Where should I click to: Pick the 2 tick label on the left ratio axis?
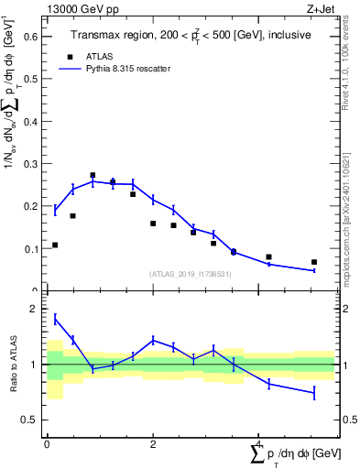pyautogui.click(x=34, y=310)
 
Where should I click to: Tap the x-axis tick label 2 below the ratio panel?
pyautogui.click(x=153, y=444)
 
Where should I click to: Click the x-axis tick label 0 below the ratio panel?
pyautogui.click(x=47, y=444)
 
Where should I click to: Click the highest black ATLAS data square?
pyautogui.click(x=93, y=175)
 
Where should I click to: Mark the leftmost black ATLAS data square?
pyautogui.click(x=55, y=245)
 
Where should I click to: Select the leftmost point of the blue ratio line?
pyautogui.click(x=55, y=319)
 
